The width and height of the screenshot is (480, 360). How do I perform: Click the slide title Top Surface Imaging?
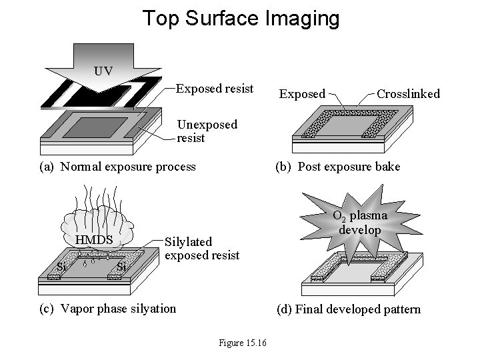(x=241, y=18)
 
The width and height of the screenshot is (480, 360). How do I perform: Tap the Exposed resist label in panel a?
(x=214, y=89)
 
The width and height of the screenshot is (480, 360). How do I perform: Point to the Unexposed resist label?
(x=207, y=131)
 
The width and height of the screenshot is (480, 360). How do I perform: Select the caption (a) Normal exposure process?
(x=118, y=166)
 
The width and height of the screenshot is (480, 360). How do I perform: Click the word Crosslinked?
(x=408, y=94)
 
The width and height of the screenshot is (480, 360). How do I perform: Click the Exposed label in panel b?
(x=302, y=95)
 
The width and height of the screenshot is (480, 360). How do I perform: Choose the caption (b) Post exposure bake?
(x=339, y=166)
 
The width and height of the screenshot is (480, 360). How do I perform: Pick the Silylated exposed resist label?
(x=201, y=248)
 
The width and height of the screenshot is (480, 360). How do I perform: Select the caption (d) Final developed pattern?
(x=349, y=309)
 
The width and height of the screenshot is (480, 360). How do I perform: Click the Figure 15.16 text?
(x=243, y=343)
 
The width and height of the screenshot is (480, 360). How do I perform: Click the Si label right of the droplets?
(x=121, y=267)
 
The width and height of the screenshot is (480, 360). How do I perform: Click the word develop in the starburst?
(x=360, y=230)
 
